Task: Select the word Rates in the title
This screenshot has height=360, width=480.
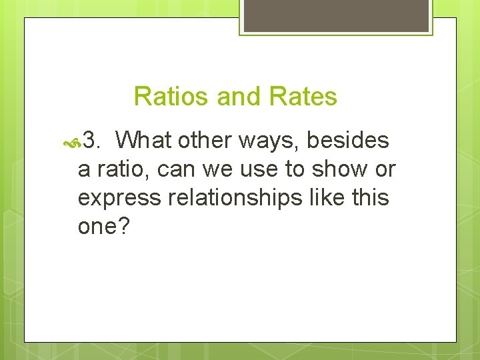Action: [303, 97]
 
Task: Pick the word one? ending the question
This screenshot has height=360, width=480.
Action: [103, 227]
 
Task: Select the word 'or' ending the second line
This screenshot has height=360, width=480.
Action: [385, 170]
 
